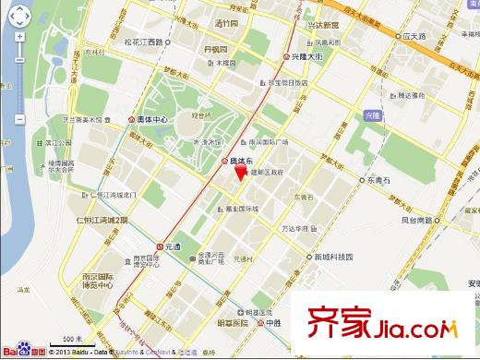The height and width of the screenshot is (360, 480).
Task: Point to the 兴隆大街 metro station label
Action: (x=307, y=57)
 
